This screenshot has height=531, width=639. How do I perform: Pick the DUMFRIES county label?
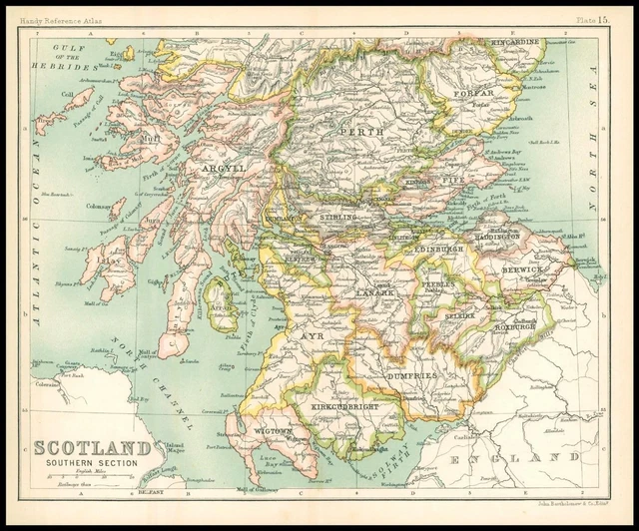[x=409, y=374]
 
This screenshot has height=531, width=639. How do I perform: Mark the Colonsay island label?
[x=97, y=208]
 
